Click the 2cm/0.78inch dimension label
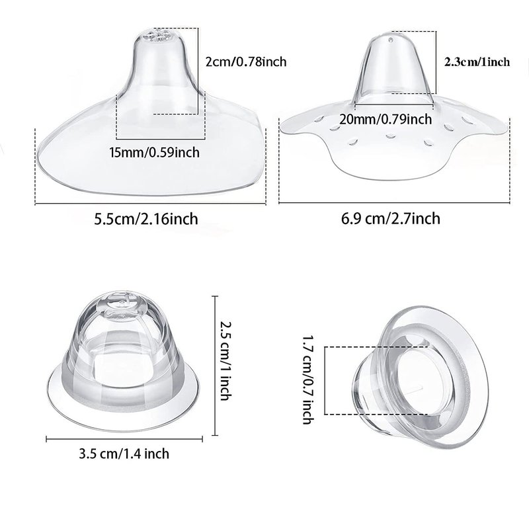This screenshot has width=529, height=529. point(246,61)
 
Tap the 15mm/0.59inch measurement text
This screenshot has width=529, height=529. point(155,153)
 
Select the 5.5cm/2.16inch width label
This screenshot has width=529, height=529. point(146,219)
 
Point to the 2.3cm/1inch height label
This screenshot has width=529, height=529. point(477,62)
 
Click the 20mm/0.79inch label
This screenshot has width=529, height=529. point(386,120)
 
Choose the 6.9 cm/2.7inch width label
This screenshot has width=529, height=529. point(391,219)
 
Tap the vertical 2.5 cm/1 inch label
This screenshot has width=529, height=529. point(226,360)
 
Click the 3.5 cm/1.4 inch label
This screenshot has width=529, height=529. point(124,454)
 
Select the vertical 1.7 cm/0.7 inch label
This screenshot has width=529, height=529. point(308,380)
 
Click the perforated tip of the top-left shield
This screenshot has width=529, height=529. point(157,36)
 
